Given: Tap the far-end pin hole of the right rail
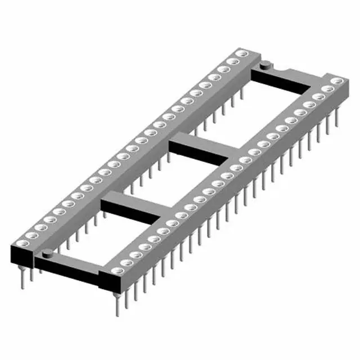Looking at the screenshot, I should tap(337, 82).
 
